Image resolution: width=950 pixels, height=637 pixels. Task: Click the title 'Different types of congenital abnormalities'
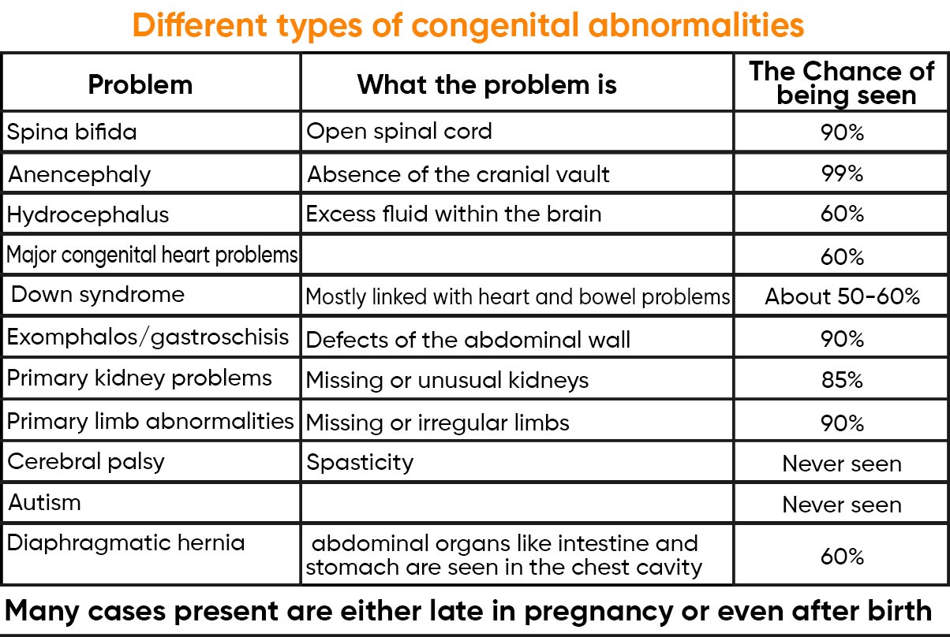[x=468, y=25]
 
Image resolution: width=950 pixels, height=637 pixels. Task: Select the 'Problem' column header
[x=140, y=84]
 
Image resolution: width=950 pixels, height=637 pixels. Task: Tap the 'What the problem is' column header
[x=487, y=84]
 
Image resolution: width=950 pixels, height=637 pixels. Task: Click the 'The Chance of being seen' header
[x=842, y=83]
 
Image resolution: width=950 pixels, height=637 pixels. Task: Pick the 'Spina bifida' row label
[x=72, y=132]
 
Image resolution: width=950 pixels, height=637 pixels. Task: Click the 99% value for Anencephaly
[x=842, y=173]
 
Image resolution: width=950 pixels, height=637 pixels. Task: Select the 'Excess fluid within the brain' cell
[x=453, y=214]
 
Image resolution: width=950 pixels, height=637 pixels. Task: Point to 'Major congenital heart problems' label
[x=152, y=255]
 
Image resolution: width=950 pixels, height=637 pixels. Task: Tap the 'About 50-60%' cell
[x=842, y=296]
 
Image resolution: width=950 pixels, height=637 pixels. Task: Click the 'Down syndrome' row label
[x=98, y=295]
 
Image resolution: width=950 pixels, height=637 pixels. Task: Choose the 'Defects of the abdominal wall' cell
[x=468, y=340]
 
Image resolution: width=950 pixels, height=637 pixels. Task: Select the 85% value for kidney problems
[x=842, y=381]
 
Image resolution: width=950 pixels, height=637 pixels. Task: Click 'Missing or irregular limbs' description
[x=437, y=423]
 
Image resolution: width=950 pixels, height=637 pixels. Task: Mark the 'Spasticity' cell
[x=360, y=462]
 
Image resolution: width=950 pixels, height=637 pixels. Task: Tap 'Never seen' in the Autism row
[x=842, y=505]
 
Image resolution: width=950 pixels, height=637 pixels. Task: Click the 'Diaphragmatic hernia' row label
[x=126, y=542]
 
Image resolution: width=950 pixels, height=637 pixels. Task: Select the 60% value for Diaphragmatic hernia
[x=842, y=557]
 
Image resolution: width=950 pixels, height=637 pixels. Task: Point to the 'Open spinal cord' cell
[x=398, y=131]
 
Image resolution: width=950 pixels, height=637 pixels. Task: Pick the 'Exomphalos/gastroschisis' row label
[x=148, y=337]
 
